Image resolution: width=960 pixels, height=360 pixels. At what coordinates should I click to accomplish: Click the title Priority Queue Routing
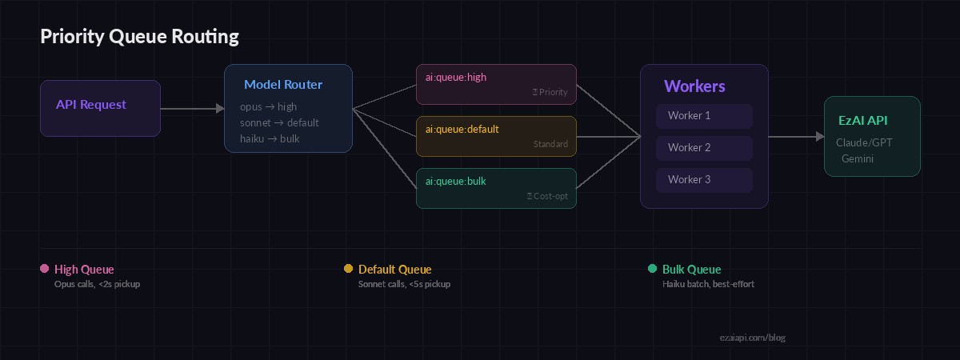click(x=139, y=36)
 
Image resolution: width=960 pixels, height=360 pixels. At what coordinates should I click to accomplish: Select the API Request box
click(x=100, y=108)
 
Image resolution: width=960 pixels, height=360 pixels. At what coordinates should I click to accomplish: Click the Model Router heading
click(x=283, y=84)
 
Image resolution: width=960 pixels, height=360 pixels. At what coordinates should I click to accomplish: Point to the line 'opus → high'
click(x=268, y=106)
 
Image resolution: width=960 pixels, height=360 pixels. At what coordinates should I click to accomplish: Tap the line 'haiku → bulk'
click(x=270, y=138)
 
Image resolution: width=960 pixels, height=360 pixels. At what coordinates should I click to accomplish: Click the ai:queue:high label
click(x=456, y=78)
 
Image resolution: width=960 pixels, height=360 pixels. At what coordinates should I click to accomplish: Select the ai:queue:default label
click(x=462, y=129)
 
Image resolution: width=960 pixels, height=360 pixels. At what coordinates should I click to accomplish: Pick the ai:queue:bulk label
click(x=456, y=181)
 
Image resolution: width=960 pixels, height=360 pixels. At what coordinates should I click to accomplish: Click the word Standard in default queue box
click(x=550, y=144)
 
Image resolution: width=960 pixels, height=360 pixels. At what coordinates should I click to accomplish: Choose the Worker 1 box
click(x=704, y=116)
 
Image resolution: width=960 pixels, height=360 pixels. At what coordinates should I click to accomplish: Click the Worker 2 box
click(x=704, y=148)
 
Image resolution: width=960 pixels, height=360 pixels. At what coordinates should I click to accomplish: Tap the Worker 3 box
click(x=704, y=180)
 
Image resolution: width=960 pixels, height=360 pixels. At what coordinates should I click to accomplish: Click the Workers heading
click(x=694, y=86)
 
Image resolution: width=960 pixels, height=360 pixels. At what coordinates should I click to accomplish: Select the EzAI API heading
click(x=862, y=120)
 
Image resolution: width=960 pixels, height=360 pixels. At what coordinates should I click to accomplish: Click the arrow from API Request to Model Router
click(x=192, y=108)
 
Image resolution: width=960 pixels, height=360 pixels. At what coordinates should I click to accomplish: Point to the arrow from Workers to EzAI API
click(x=796, y=137)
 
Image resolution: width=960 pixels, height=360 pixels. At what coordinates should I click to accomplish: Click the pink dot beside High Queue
click(x=44, y=269)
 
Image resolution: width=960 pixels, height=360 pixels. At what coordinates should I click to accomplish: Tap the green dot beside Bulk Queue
click(x=652, y=269)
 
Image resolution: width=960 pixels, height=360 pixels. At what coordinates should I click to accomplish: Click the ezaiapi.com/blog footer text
click(x=752, y=338)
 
